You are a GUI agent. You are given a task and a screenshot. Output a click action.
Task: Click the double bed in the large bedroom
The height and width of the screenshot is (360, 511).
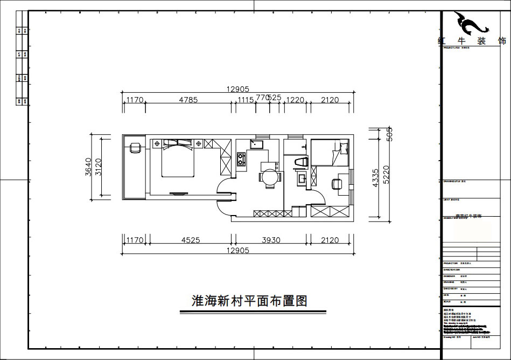[x=178, y=159]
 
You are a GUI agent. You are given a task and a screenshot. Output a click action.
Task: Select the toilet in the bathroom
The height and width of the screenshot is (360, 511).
[x=300, y=162]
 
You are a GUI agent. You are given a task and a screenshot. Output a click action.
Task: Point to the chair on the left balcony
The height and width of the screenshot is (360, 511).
[x=134, y=147]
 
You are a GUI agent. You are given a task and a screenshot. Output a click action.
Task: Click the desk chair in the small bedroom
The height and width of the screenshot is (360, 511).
[x=337, y=183]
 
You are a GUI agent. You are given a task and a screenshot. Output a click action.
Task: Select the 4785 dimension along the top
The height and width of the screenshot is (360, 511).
[x=188, y=100]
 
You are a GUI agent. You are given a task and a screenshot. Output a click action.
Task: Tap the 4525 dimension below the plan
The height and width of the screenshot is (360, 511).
[x=188, y=240]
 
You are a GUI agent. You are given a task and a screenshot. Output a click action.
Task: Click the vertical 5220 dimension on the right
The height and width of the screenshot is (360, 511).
[x=386, y=175]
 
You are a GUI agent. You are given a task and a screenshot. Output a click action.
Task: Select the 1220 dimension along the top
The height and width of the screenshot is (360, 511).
[x=295, y=100]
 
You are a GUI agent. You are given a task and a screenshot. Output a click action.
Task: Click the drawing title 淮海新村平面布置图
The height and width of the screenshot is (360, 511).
[x=249, y=301]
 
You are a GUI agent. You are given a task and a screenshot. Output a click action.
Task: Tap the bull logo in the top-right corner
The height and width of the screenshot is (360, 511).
[x=471, y=23]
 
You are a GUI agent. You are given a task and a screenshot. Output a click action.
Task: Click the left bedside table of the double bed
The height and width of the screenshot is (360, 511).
[x=157, y=144]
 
